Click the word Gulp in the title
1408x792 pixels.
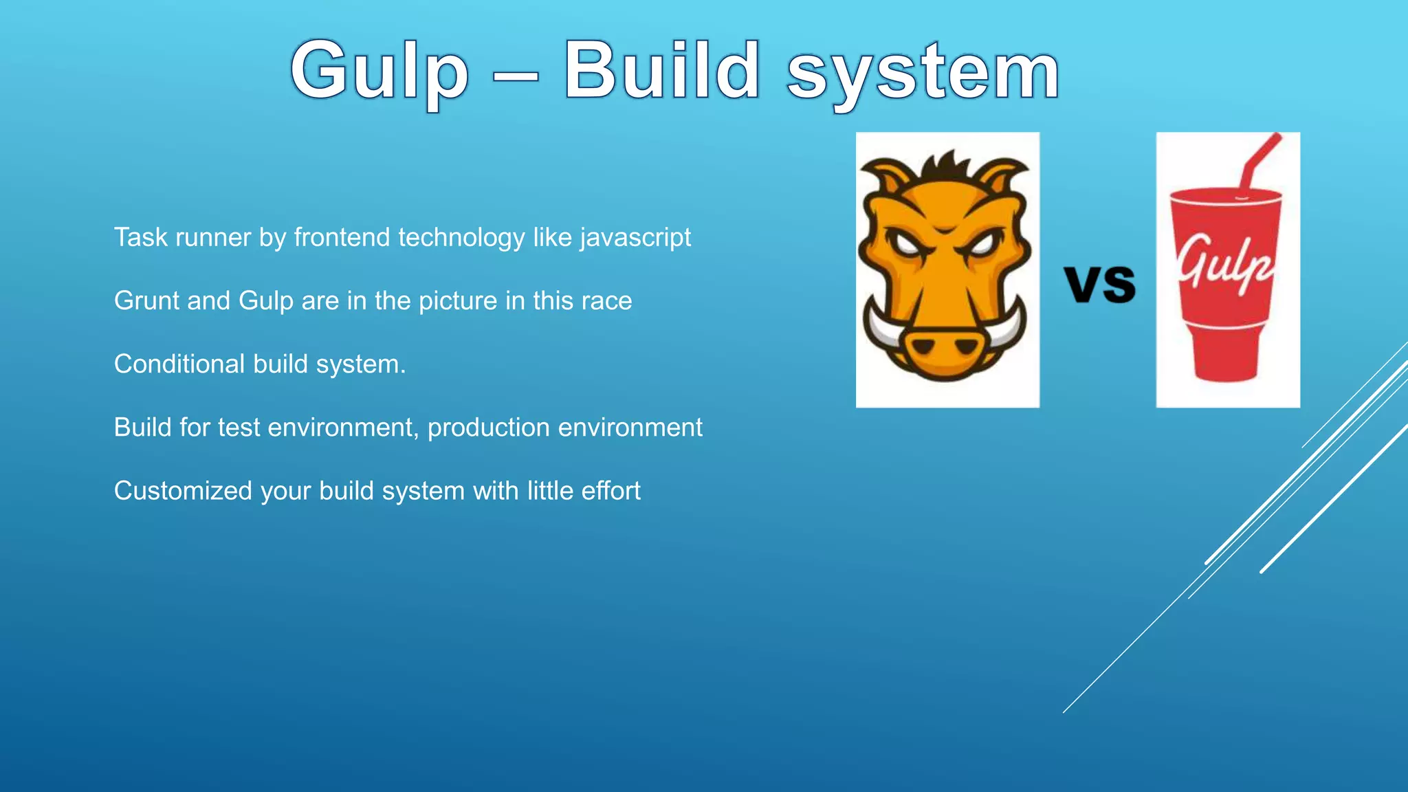pos(379,71)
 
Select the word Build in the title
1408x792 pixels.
pos(661,70)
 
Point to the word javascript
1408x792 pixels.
pos(635,238)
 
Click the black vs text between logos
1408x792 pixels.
pos(1099,284)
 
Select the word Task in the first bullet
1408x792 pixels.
pos(140,238)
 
